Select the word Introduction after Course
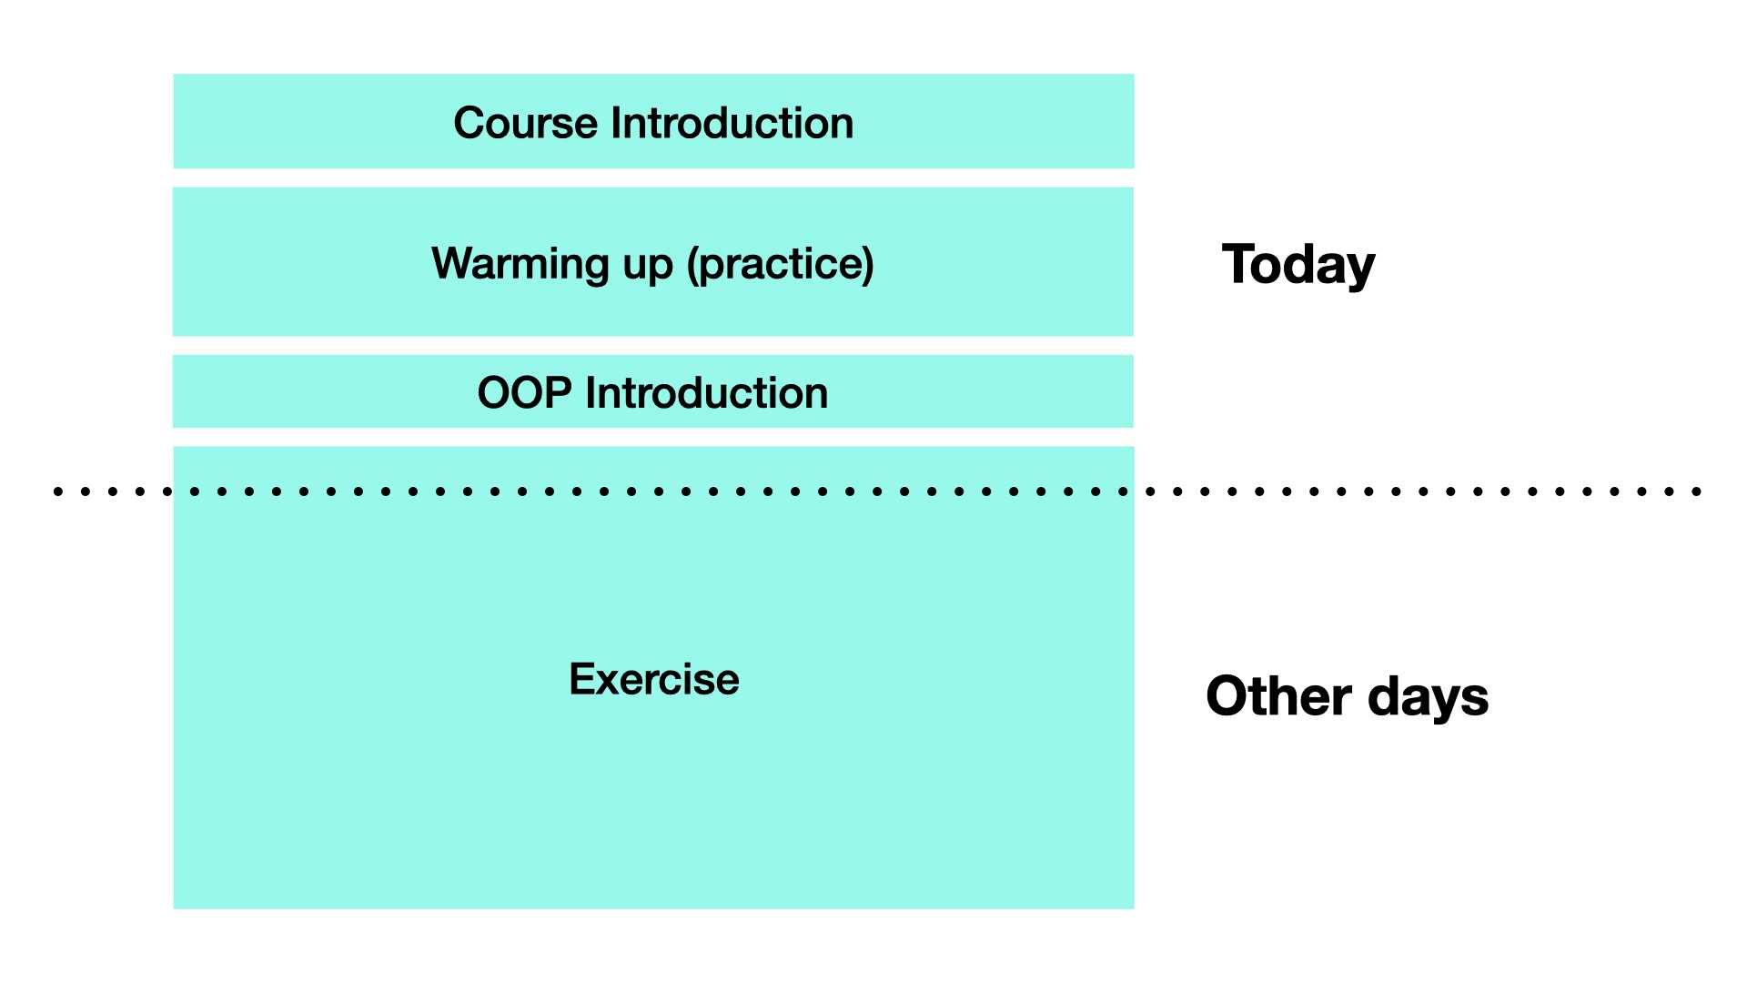pos(732,123)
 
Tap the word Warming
pos(520,265)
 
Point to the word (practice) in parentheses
pos(781,265)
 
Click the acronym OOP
pos(525,393)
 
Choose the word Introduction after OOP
pos(707,393)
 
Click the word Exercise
pos(654,679)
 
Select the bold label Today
pos(1298,266)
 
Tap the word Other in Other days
pos(1278,696)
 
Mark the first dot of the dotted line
pos(58,491)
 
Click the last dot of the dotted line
pos(1697,491)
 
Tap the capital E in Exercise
pos(582,679)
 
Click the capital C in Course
pos(470,123)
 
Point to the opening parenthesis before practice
pos(692,265)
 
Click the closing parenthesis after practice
pos(869,265)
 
